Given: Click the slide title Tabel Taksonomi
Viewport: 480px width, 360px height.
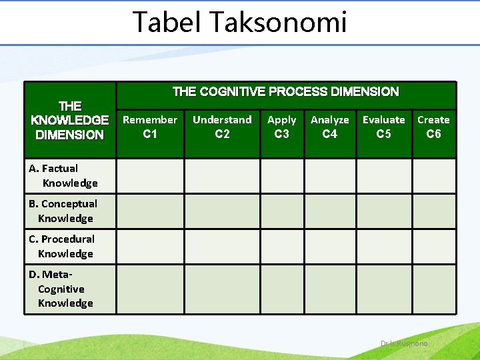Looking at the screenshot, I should (240, 21).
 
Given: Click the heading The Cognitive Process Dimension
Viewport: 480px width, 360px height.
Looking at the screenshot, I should (285, 92).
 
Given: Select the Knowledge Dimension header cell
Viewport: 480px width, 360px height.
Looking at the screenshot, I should (70, 120).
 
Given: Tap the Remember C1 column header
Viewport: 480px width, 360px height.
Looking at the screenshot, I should (150, 127).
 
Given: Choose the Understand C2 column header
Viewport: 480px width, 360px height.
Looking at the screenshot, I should (222, 127).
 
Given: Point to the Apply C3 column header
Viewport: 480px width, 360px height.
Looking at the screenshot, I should (282, 127).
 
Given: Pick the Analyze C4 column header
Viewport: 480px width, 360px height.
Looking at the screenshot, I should (330, 127).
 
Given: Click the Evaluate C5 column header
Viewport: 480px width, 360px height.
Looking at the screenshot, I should (383, 127).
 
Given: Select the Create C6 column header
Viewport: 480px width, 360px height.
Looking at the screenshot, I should (433, 127).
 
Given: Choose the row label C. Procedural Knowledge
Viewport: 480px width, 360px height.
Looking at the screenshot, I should (62, 246).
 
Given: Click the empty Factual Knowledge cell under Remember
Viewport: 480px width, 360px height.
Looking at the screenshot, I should (150, 175).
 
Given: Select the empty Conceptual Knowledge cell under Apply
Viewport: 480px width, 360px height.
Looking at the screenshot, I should (282, 211).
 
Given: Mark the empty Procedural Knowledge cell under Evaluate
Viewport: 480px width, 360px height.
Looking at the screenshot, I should (383, 246).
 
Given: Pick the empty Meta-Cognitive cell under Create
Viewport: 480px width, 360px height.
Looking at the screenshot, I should (433, 289).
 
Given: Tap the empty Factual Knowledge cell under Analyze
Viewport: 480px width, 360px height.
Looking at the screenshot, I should (330, 175).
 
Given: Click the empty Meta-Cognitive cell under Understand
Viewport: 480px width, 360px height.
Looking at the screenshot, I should (222, 289).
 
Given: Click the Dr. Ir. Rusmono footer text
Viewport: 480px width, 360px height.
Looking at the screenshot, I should (404, 343).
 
